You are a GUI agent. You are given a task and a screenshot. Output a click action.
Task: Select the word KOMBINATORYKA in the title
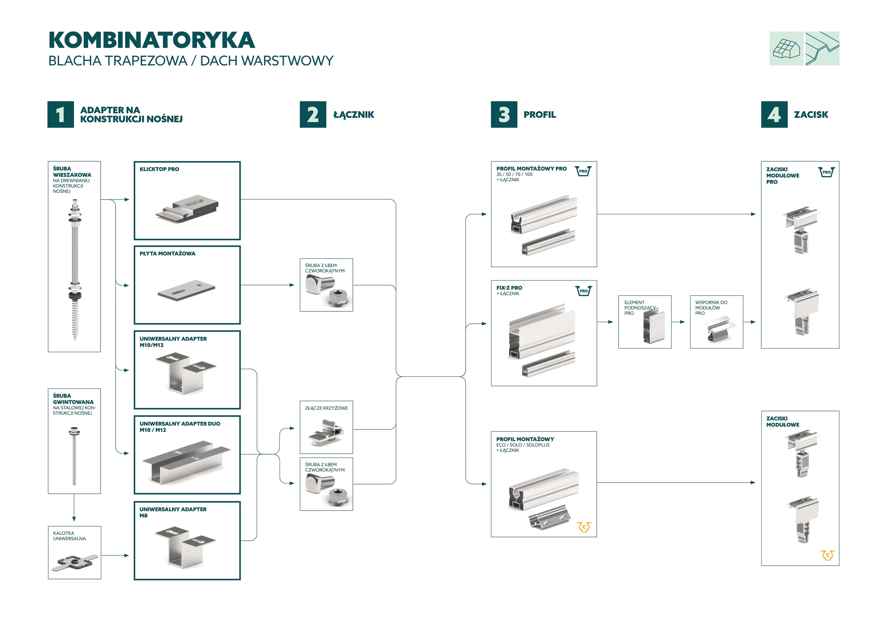click(152, 40)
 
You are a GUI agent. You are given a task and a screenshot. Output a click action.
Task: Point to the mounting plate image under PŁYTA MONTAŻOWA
click(186, 290)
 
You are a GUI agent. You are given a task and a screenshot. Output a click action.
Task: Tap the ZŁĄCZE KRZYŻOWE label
click(326, 408)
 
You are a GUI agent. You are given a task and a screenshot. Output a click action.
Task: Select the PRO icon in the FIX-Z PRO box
click(583, 291)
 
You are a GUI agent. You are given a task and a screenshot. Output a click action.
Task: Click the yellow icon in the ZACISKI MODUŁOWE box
click(827, 555)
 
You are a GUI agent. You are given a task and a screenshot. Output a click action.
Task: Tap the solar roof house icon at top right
click(786, 49)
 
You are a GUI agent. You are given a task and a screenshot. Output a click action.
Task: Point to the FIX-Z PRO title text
click(509, 288)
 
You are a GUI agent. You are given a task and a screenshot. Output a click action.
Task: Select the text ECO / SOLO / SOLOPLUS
click(523, 445)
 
